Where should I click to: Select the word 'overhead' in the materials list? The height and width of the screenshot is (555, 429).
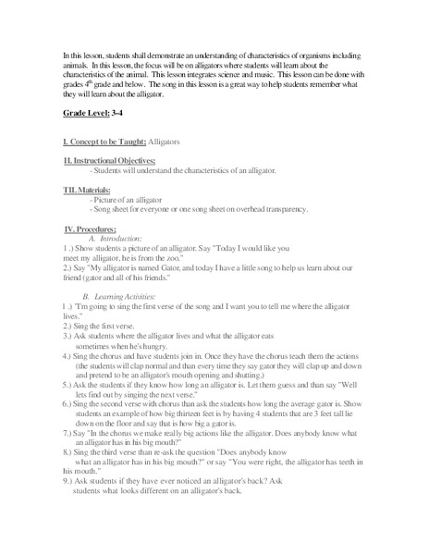point(231,209)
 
